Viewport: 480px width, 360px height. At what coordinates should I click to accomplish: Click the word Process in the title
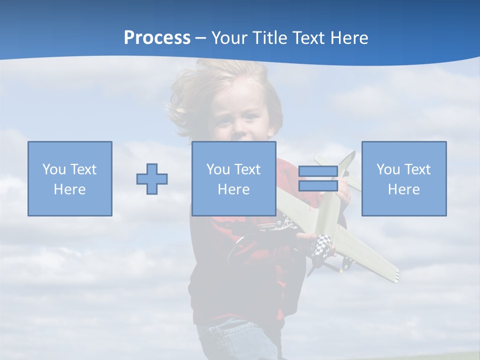tap(157, 38)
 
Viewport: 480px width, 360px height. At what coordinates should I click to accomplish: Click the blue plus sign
tap(152, 179)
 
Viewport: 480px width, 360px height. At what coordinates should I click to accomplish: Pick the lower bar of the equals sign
tap(318, 186)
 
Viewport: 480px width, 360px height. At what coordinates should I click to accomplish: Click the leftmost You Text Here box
tap(70, 178)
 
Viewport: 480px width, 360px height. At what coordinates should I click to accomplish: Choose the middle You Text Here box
tap(233, 178)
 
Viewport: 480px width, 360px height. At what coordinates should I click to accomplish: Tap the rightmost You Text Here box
tap(403, 178)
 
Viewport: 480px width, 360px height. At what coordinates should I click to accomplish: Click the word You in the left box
tap(53, 169)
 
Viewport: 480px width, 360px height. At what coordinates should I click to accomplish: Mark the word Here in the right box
tap(403, 189)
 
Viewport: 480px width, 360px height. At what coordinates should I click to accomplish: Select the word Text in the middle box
tap(248, 169)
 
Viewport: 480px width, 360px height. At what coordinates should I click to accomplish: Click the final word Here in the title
tap(349, 38)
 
